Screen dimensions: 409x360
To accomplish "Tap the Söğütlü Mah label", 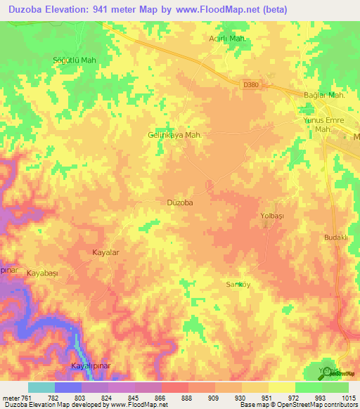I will [75, 60].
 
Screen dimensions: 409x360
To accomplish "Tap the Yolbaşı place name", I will [271, 216].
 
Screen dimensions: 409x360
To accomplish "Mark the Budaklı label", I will [336, 238].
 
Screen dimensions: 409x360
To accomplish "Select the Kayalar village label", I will [108, 252].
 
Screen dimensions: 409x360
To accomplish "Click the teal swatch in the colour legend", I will [41, 387].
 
